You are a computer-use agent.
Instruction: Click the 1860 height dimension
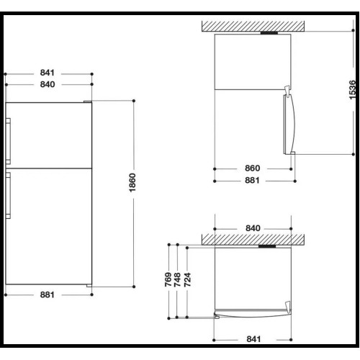(132, 183)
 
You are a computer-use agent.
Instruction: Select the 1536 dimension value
(352, 90)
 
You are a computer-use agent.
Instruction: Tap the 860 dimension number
(252, 168)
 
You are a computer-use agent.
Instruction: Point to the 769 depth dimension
(168, 279)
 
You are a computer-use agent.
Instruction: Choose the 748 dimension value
(177, 279)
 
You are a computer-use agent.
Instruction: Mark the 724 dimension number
(187, 279)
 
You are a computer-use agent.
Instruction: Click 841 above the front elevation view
(48, 73)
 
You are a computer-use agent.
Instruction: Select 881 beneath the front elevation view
(48, 294)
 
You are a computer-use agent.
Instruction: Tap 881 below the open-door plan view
(252, 180)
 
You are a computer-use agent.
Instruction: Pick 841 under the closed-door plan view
(253, 339)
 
